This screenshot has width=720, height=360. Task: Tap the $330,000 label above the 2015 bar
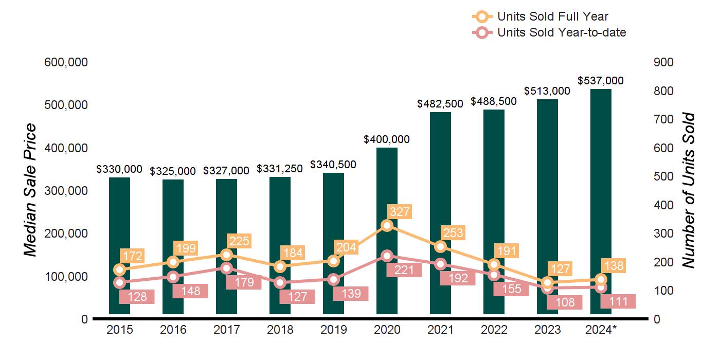119,169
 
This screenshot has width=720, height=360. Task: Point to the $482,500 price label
440,104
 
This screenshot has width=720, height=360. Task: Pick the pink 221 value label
404,269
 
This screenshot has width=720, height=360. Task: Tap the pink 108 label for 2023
564,302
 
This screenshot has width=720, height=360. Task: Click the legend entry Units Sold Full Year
552,17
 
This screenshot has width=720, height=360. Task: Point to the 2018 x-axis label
280,330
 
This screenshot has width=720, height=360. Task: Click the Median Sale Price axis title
31,190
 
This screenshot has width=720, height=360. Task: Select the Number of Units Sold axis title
688,190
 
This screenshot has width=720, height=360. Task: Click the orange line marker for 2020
387,225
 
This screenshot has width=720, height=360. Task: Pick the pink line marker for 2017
227,268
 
